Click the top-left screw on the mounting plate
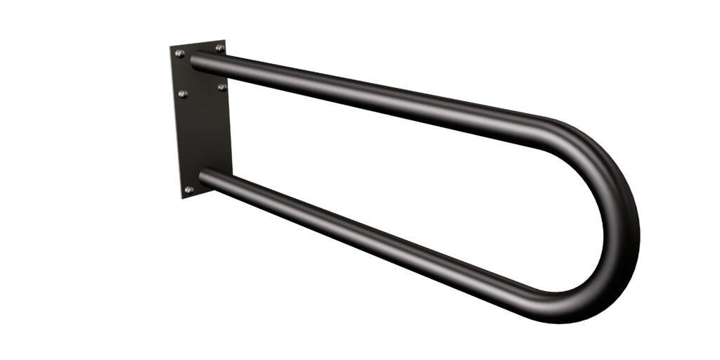[179, 53]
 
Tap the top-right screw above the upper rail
[219, 49]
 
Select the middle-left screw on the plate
[183, 94]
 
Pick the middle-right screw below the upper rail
[222, 87]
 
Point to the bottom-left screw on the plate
[188, 190]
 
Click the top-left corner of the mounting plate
[171, 48]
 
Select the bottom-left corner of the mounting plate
[182, 198]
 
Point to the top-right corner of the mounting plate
[225, 41]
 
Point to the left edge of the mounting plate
[176, 123]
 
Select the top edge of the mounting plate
[198, 44]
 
